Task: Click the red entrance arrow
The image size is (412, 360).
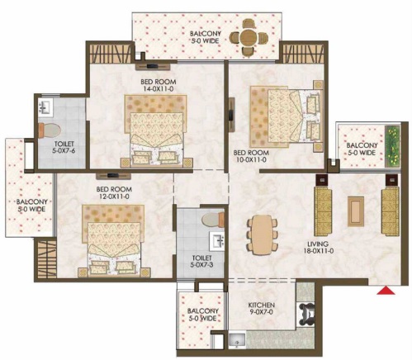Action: tap(386, 291)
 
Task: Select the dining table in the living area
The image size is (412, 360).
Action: tap(262, 234)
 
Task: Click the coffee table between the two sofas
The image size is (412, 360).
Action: tap(356, 211)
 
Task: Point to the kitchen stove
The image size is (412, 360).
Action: tap(305, 314)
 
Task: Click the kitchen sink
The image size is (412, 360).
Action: tap(237, 340)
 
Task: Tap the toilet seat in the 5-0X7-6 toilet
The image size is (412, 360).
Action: tap(50, 130)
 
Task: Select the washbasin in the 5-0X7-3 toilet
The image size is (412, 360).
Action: tap(216, 241)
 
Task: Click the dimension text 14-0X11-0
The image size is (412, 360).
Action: tap(158, 89)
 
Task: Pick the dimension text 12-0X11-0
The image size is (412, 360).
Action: tap(114, 197)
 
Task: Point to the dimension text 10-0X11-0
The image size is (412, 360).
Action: tap(251, 159)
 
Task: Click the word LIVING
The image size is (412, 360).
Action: tap(318, 244)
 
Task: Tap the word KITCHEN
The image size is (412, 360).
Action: tap(262, 305)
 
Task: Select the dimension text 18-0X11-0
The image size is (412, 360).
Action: tap(319, 251)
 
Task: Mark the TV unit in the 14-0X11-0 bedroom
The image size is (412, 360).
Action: tap(152, 66)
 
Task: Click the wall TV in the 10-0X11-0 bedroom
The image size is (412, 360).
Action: tap(231, 114)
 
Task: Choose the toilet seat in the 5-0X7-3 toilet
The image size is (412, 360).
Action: tap(213, 220)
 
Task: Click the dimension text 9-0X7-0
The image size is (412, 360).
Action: tap(261, 312)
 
